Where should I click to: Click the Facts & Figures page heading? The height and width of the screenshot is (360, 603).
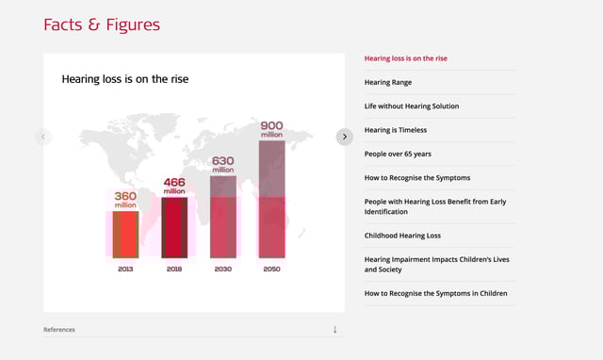coord(102,25)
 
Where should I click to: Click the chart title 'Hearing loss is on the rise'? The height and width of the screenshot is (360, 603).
coord(125,79)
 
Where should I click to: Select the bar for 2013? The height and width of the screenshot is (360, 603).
coord(126,234)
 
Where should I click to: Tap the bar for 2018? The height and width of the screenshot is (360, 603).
coord(175,227)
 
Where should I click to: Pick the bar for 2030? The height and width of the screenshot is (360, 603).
coord(223,216)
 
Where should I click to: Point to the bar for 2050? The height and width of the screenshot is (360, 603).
coord(271,199)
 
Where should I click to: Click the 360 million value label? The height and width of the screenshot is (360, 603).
coord(126,200)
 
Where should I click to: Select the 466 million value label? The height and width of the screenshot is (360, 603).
coord(175,186)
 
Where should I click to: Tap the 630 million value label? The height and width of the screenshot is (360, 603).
coord(223,165)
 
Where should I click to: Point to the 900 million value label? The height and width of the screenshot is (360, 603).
coord(271,130)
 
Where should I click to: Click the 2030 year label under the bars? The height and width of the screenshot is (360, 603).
coord(223,269)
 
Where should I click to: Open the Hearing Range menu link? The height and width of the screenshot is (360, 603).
coord(388,82)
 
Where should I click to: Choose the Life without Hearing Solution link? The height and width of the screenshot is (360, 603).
coord(412,106)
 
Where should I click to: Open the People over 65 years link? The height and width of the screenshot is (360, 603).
coord(398,153)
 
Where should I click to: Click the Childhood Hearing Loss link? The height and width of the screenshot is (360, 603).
coord(402,236)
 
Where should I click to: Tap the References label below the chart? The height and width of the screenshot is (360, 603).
coord(59,330)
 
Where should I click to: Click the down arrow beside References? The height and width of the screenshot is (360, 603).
coord(334,329)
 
